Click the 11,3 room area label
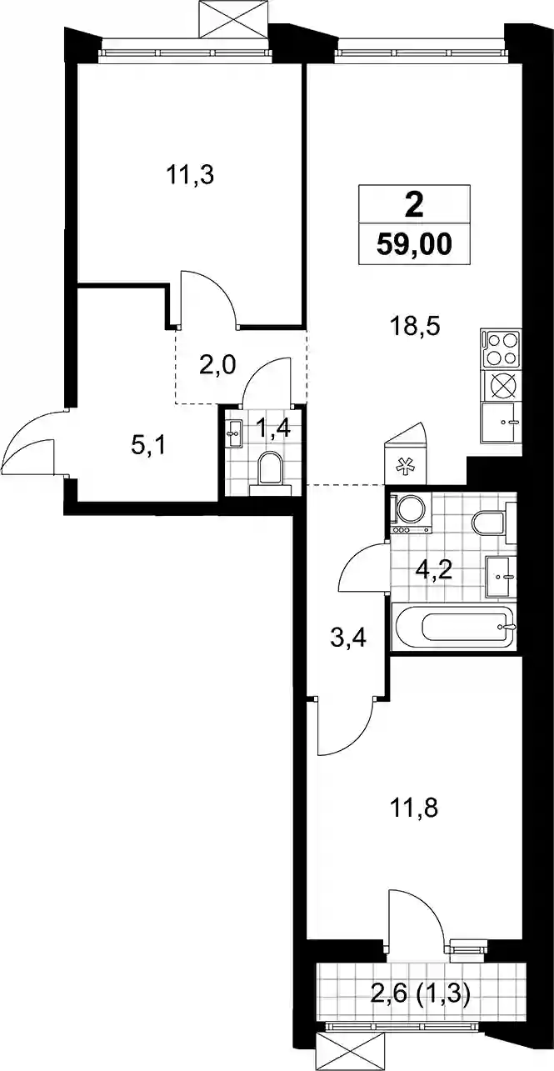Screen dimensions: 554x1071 190,175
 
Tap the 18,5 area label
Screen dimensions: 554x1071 415,328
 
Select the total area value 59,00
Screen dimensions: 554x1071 413,246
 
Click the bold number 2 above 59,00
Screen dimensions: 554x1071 413,207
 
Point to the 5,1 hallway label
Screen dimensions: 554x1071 147,447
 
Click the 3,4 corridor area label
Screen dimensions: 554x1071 348,638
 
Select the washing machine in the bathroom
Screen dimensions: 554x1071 411,514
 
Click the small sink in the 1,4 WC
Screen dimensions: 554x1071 234,433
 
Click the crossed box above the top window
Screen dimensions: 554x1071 232,18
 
